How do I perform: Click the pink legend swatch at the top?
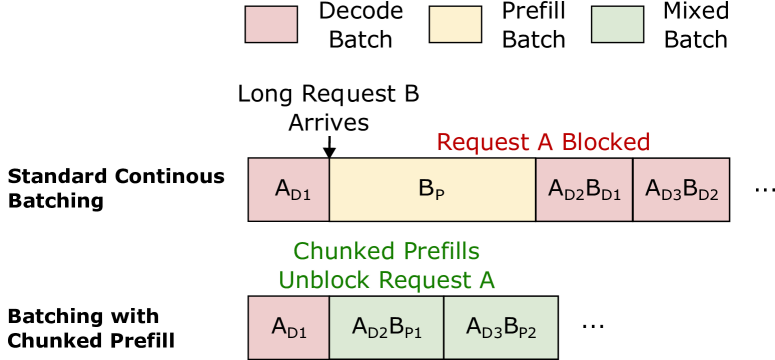point(271,25)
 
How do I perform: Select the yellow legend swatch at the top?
point(455,25)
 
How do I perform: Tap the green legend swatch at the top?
point(617,25)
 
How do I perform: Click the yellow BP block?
point(432,188)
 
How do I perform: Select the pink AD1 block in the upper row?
point(289,188)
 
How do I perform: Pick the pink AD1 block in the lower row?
point(289,327)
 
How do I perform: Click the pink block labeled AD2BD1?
point(584,188)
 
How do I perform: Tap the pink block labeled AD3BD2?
point(680,188)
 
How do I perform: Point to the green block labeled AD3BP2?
point(500,327)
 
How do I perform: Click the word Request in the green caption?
point(422,280)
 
